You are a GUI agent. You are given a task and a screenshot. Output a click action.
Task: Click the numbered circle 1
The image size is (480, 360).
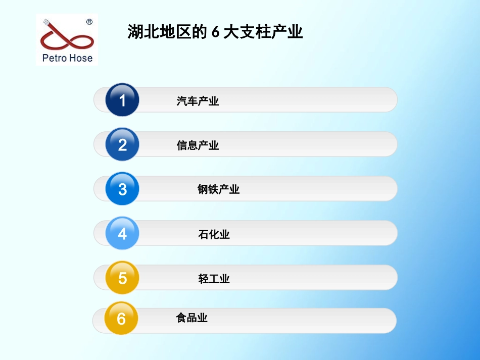pos(122,100)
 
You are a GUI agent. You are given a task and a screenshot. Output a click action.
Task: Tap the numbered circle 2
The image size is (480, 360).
pos(122,145)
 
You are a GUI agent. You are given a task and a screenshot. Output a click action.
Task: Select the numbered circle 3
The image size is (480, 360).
pos(122,189)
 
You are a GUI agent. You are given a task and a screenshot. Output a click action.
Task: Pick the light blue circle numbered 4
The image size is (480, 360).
pos(122,234)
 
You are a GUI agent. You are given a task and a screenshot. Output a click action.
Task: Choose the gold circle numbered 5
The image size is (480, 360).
pos(122,278)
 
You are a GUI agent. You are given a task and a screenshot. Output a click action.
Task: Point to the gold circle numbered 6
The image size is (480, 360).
pos(121,319)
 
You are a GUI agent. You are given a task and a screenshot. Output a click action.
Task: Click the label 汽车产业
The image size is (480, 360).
pos(198,101)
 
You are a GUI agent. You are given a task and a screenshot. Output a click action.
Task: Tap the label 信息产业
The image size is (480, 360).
pos(198,145)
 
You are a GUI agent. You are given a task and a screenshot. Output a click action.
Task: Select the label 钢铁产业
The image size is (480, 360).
pos(218,189)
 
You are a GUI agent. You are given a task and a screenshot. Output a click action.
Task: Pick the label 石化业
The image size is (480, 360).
pos(214,234)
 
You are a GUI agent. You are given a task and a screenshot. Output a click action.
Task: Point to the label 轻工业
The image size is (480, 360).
pos(214,279)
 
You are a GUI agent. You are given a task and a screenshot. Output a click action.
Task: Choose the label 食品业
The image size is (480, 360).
pos(191,318)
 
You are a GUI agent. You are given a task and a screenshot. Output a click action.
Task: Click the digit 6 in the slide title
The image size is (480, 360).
pos(215,33)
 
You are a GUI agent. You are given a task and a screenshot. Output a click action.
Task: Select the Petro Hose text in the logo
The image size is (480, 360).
pos(67,58)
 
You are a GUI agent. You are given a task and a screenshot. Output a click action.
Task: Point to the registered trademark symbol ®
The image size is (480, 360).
pos(89,22)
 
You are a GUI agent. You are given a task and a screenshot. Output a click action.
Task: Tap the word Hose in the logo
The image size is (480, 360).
pos(81,58)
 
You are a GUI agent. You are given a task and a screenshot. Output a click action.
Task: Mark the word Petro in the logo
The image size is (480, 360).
pos(54,58)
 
